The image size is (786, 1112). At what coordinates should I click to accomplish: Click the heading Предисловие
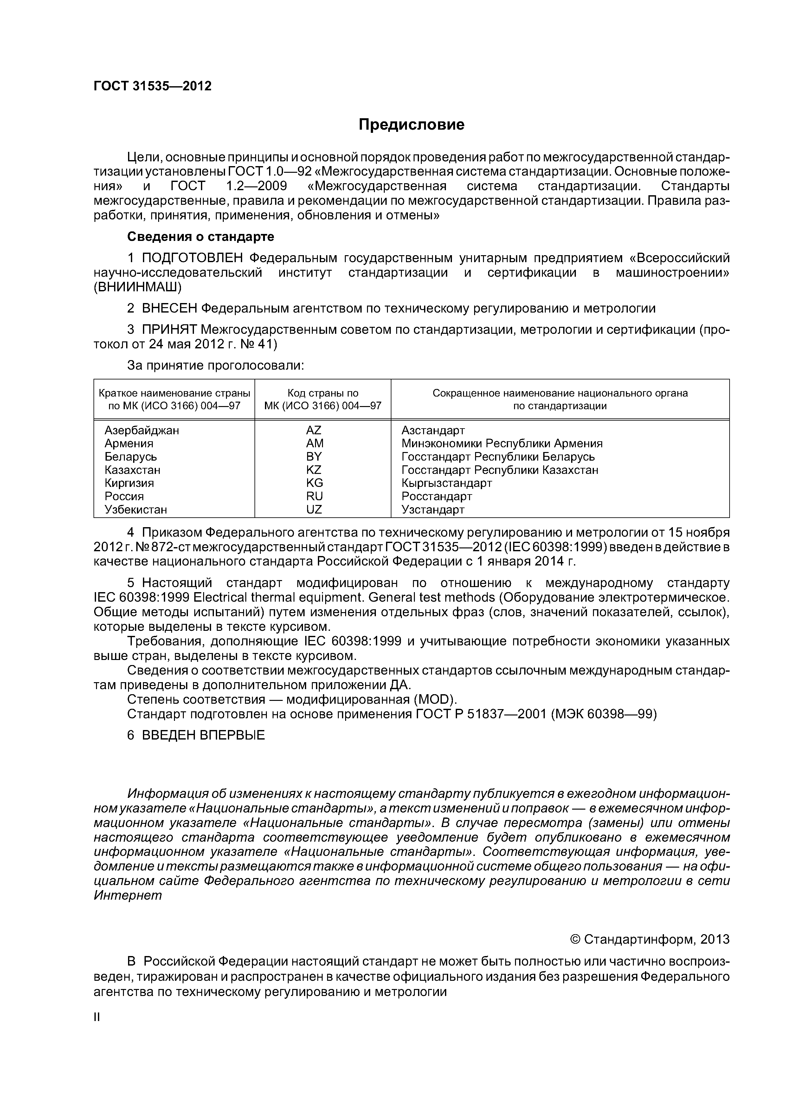[x=411, y=125]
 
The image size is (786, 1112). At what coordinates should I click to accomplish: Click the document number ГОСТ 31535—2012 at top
[x=152, y=86]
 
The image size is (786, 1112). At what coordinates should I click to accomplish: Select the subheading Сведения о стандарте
[x=201, y=236]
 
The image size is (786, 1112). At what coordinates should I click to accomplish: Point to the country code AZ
[x=314, y=430]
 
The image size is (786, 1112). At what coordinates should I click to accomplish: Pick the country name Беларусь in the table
[x=131, y=457]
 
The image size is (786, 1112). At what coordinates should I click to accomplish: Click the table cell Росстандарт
[x=436, y=496]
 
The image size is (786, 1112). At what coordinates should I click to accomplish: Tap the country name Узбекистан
[x=136, y=509]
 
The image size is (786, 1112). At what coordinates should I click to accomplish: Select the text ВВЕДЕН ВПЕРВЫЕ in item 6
[x=203, y=735]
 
